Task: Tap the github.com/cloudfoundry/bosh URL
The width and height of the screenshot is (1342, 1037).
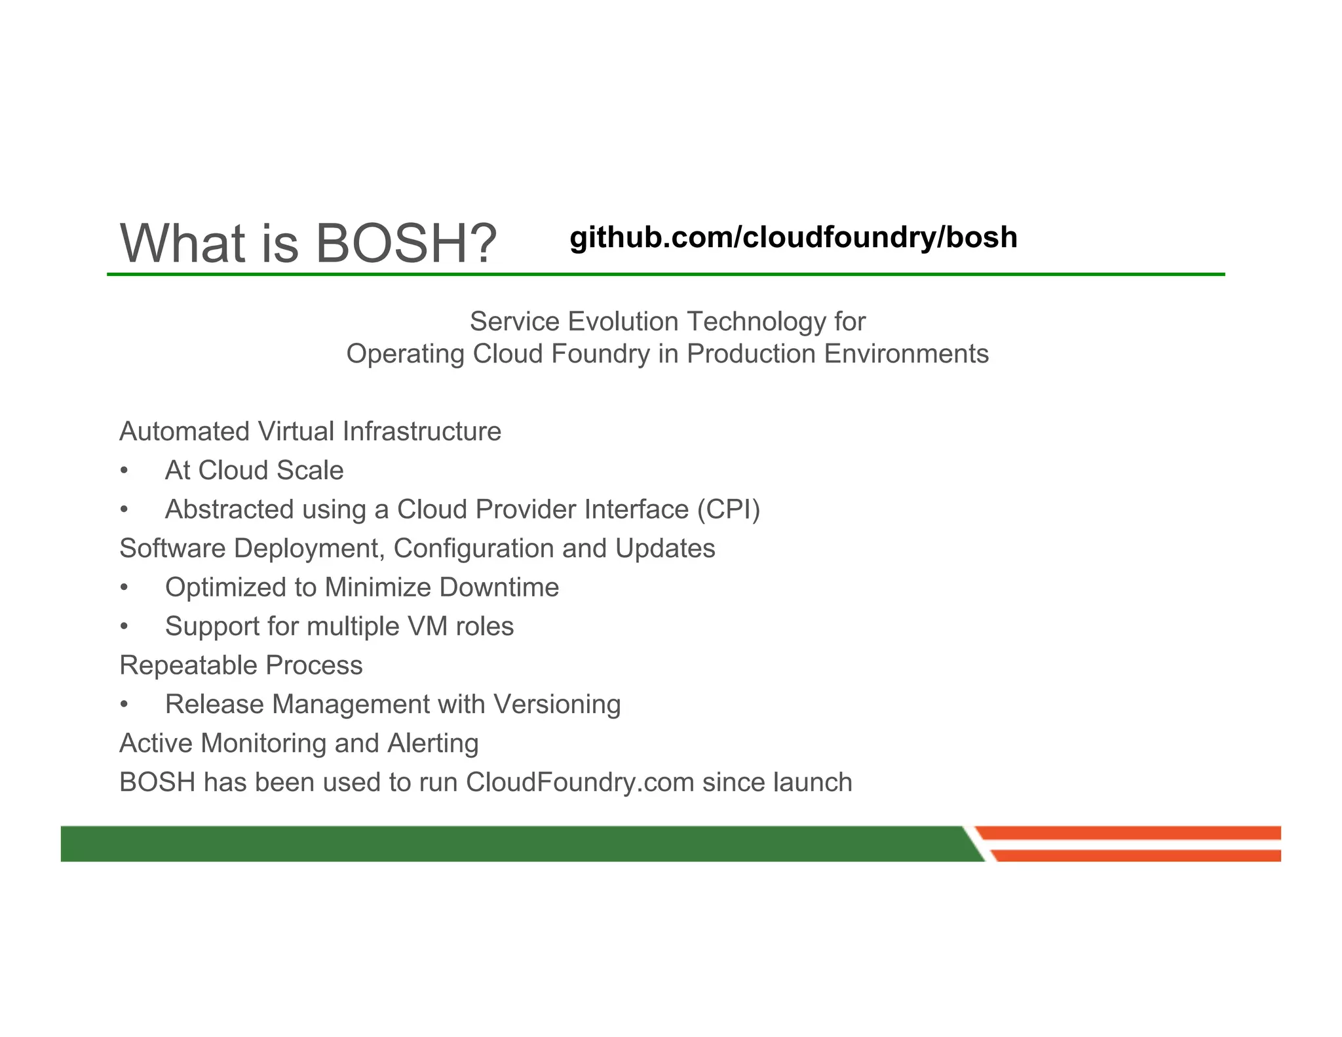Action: coord(793,237)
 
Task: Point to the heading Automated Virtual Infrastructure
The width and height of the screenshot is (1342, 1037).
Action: coord(310,432)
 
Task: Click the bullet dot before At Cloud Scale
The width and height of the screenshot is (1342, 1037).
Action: coord(124,471)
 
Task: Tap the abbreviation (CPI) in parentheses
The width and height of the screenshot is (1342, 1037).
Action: coord(728,510)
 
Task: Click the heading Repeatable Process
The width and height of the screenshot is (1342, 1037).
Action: coord(240,666)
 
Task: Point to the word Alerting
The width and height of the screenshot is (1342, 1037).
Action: coord(432,744)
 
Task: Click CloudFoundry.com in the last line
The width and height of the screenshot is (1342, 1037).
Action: coord(580,783)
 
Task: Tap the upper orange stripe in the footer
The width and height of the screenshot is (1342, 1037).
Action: coord(1127,833)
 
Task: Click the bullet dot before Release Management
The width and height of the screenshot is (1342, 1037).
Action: coord(124,705)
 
